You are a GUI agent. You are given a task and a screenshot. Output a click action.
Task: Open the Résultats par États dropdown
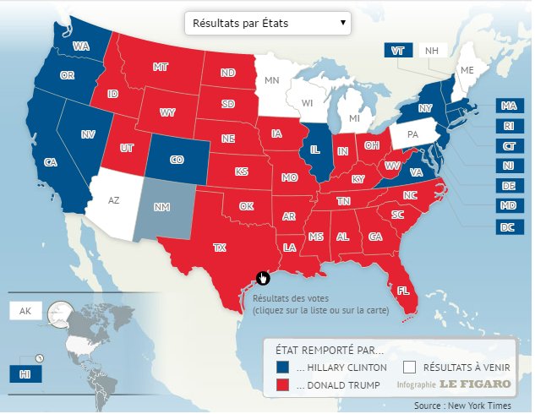click(267, 23)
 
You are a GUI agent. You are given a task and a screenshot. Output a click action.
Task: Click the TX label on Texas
click(220, 248)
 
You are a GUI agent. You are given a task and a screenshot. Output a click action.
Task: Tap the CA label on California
click(50, 161)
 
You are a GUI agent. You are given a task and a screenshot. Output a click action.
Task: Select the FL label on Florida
click(403, 290)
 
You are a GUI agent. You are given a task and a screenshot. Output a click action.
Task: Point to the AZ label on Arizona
click(114, 200)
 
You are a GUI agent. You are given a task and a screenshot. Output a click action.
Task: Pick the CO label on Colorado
click(175, 158)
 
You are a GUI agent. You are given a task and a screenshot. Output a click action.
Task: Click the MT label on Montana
click(160, 66)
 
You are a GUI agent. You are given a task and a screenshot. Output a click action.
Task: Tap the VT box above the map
click(398, 51)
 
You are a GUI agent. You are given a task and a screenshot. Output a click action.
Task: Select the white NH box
click(433, 51)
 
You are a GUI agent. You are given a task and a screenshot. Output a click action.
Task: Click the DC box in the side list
click(507, 226)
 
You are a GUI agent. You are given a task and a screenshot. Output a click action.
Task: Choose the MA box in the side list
click(507, 106)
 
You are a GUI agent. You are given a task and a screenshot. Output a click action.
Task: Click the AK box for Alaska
click(25, 311)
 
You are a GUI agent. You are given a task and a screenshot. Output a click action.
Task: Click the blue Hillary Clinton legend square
click(283, 368)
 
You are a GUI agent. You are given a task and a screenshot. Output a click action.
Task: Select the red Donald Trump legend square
click(283, 385)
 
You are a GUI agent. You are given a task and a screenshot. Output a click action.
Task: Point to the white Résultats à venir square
click(409, 368)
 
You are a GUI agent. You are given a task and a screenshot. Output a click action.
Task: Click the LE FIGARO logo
click(480, 384)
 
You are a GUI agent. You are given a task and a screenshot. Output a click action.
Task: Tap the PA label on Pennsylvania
click(413, 134)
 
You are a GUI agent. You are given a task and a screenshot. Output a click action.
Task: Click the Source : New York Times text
click(474, 406)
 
